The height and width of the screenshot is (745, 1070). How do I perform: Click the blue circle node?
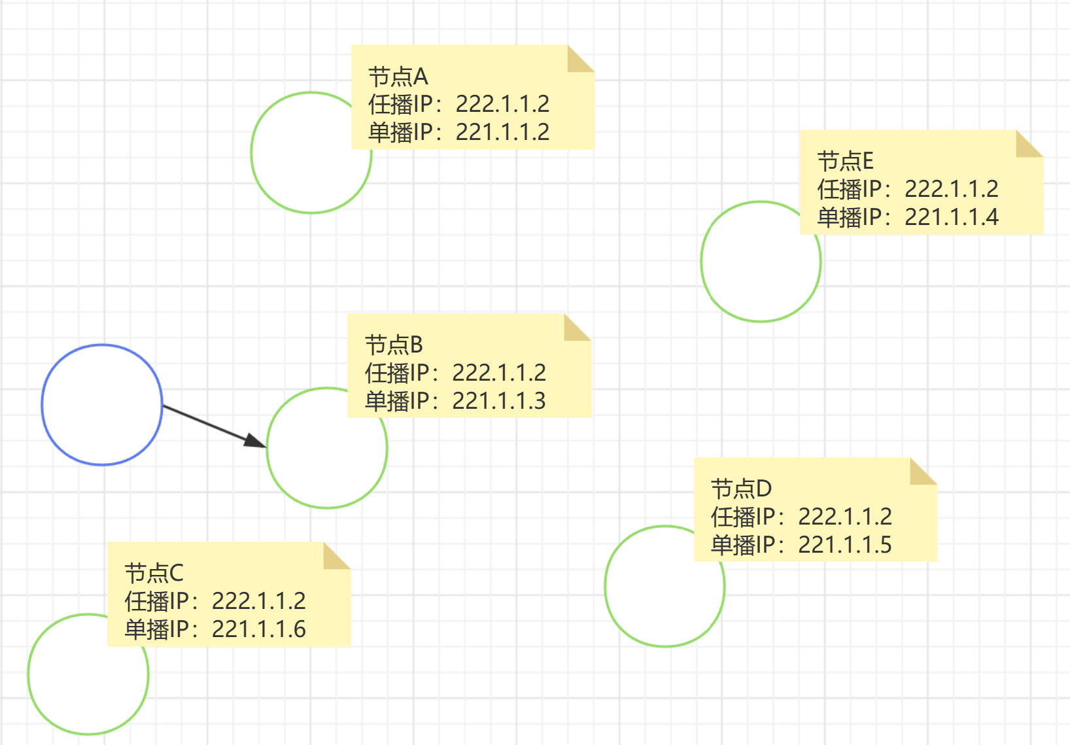point(102,405)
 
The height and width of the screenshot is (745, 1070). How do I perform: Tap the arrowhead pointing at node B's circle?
point(256,442)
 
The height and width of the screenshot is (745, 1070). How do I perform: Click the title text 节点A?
point(398,77)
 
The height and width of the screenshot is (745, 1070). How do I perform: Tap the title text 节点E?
point(845,161)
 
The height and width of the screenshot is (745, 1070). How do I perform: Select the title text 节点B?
point(394,345)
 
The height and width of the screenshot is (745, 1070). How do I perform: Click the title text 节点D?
point(741,489)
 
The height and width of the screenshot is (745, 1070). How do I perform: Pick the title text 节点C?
point(154,573)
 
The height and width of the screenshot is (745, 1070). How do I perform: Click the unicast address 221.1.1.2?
point(502,132)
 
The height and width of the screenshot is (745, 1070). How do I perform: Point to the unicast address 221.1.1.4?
point(952,217)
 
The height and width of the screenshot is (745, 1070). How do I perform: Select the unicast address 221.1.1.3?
point(499,401)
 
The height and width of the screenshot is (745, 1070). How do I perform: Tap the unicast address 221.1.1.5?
point(845,545)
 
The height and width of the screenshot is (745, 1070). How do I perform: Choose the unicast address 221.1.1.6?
point(259,629)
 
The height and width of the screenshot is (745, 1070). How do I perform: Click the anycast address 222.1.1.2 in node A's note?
point(502,104)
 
